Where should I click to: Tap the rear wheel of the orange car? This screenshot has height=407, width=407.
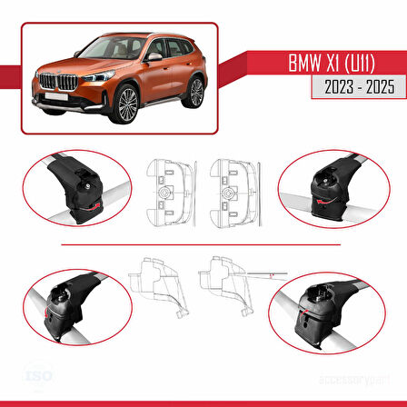click(x=195, y=88)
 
